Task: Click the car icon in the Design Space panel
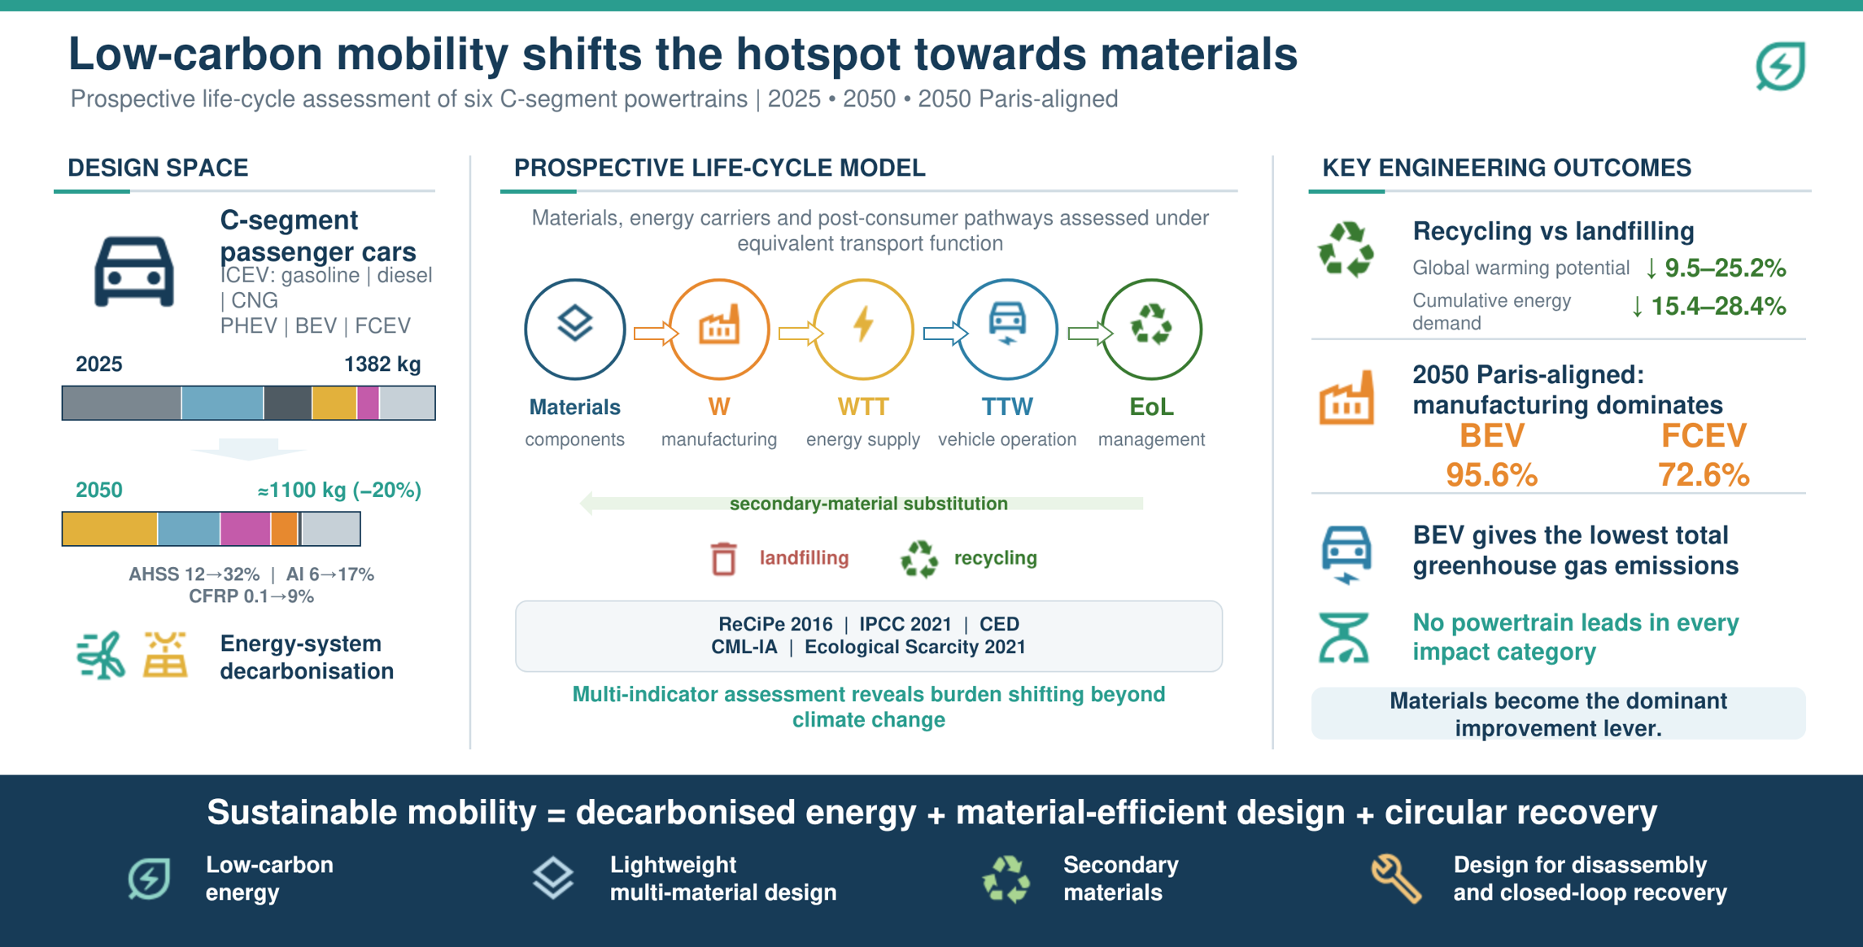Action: (x=134, y=272)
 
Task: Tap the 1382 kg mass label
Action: (x=382, y=364)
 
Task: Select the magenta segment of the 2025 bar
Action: (x=368, y=403)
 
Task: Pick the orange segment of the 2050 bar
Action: (x=284, y=529)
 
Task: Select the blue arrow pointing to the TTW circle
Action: (x=945, y=333)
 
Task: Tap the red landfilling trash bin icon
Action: (x=723, y=559)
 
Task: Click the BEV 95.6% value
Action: (x=1491, y=474)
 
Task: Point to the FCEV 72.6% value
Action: (x=1704, y=474)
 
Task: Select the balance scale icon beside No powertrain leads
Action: (x=1344, y=637)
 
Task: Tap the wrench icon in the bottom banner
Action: (x=1396, y=879)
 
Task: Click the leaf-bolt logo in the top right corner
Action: (x=1780, y=66)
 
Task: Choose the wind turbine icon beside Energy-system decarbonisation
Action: (x=101, y=655)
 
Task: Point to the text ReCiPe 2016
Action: (x=775, y=624)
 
